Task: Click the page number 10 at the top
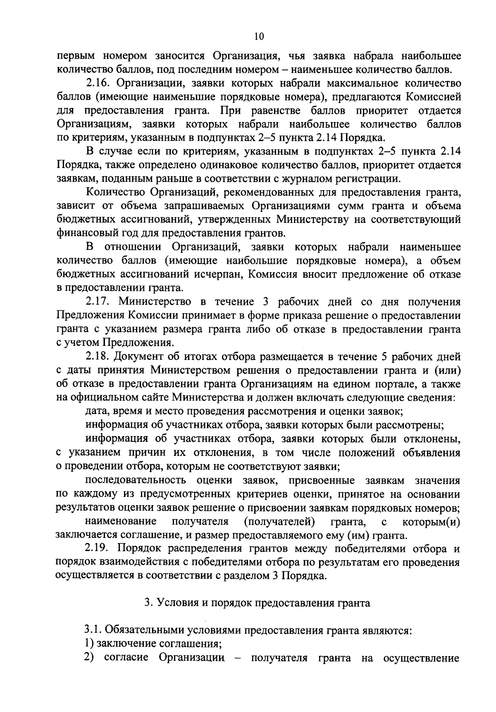[x=259, y=36]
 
